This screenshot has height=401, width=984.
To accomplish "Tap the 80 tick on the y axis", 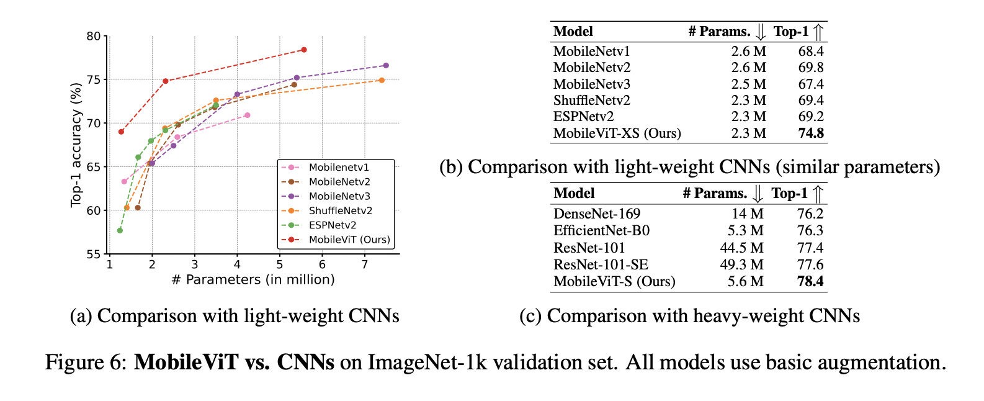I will [93, 36].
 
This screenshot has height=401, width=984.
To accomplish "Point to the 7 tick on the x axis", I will [364, 264].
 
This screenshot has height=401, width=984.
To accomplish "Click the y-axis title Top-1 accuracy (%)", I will [76, 145].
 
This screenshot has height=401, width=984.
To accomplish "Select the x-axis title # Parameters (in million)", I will [253, 280].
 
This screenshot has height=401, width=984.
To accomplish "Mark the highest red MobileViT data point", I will [303, 50].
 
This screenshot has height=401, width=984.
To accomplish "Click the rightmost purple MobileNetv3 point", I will [386, 65].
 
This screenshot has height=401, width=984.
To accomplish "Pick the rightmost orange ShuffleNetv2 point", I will [382, 80].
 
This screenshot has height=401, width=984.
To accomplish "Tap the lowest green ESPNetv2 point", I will [120, 230].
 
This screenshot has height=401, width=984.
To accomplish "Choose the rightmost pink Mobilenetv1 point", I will [248, 115].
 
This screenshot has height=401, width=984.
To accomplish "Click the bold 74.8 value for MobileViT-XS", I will [811, 133].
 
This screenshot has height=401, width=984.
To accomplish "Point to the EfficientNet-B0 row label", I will [601, 231].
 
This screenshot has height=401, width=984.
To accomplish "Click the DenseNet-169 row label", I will [596, 214].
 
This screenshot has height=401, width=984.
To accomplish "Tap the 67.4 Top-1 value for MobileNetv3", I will [811, 84].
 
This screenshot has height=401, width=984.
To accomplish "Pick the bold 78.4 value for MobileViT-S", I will [810, 282].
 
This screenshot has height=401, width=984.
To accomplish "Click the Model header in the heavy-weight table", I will [574, 194].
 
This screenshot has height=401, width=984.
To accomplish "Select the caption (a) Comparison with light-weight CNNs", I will [235, 316].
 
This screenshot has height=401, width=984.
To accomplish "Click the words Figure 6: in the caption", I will [86, 362].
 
